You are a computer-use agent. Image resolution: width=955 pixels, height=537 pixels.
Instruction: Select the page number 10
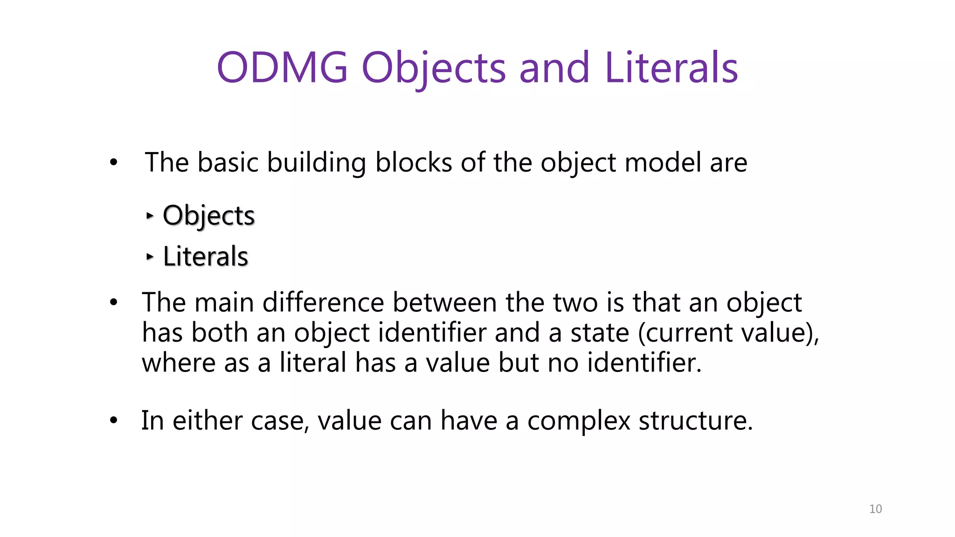click(x=875, y=509)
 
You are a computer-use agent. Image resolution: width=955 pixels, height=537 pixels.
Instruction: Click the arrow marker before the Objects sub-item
click(x=149, y=215)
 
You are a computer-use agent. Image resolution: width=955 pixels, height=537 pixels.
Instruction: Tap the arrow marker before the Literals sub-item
click(x=149, y=256)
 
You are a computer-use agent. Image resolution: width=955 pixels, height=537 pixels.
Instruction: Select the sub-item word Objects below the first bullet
click(x=208, y=215)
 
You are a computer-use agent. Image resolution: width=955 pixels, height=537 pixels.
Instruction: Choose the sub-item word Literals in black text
click(x=205, y=256)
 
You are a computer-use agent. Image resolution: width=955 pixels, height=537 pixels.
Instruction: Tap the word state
click(x=600, y=333)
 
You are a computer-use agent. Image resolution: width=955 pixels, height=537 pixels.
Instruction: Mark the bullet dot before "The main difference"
click(x=114, y=303)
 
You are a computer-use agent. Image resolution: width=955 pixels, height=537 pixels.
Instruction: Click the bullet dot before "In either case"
click(x=114, y=420)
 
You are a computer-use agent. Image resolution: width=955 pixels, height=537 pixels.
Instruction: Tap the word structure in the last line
click(x=695, y=420)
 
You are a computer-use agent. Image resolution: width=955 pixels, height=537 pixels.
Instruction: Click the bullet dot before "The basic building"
click(x=114, y=163)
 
